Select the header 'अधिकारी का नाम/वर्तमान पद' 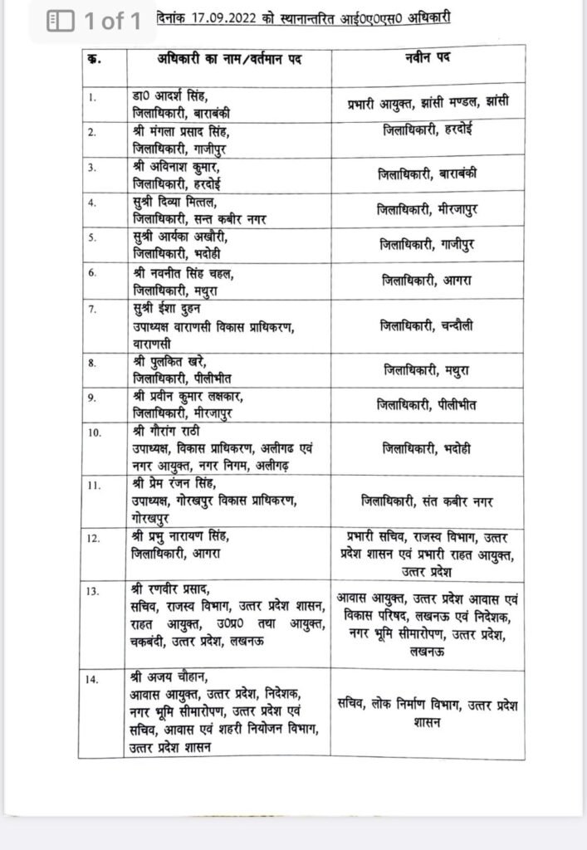pyautogui.click(x=227, y=61)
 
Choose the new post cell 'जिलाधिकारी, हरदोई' pyautogui.click(x=428, y=130)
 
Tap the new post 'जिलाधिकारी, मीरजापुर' pyautogui.click(x=428, y=212)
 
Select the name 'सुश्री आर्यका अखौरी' pyautogui.click(x=183, y=236)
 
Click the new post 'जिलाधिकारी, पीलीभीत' pyautogui.click(x=428, y=405)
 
